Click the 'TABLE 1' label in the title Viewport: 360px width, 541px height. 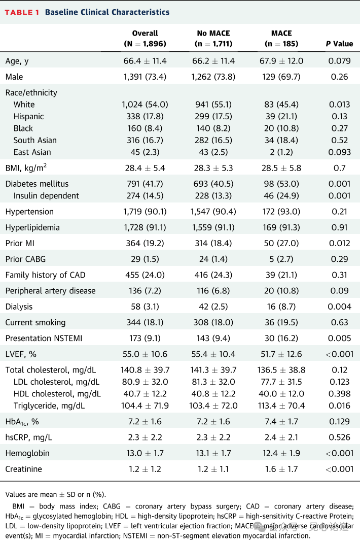[22, 12]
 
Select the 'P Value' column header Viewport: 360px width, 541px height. [339, 44]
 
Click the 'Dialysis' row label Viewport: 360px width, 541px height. [19, 307]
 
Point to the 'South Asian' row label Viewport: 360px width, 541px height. [35, 140]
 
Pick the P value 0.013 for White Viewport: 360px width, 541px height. [339, 105]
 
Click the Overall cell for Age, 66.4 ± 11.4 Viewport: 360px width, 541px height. [145, 61]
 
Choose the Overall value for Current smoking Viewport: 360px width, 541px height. [145, 323]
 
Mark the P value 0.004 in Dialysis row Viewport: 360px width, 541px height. [339, 307]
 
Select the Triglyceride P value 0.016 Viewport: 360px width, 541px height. [339, 405]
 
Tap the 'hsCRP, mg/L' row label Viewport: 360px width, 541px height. [28, 438]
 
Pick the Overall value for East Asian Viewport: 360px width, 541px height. [145, 152]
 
